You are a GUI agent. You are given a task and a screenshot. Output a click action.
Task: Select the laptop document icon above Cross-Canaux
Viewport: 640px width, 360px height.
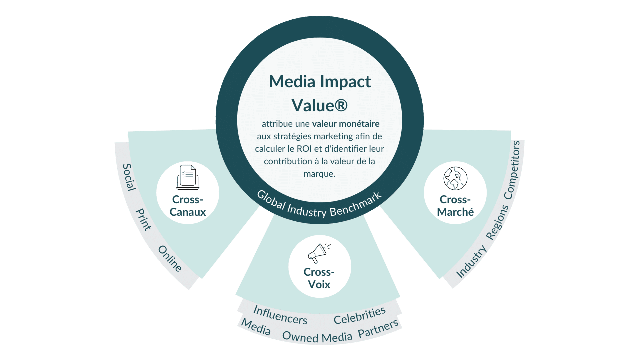[188, 177]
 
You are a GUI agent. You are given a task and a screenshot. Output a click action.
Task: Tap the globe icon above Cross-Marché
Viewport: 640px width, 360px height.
[455, 178]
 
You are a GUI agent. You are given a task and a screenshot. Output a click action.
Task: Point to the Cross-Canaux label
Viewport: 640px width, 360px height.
[188, 206]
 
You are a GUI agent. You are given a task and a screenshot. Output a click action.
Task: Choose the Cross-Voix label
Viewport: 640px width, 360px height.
[319, 279]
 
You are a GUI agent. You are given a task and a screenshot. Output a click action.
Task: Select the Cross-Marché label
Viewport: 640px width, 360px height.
[455, 205]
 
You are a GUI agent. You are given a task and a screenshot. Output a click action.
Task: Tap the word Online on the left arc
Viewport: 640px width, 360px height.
[170, 259]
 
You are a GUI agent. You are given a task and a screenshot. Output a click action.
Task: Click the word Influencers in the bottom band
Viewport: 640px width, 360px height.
[280, 314]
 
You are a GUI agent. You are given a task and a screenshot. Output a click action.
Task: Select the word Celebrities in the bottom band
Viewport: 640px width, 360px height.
[360, 315]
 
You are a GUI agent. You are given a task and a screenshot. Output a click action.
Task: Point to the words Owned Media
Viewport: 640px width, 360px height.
[318, 337]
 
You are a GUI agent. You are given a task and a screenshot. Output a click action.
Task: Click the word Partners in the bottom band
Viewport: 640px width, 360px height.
[378, 329]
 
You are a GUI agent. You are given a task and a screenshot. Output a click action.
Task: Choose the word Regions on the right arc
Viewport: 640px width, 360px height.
[497, 223]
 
